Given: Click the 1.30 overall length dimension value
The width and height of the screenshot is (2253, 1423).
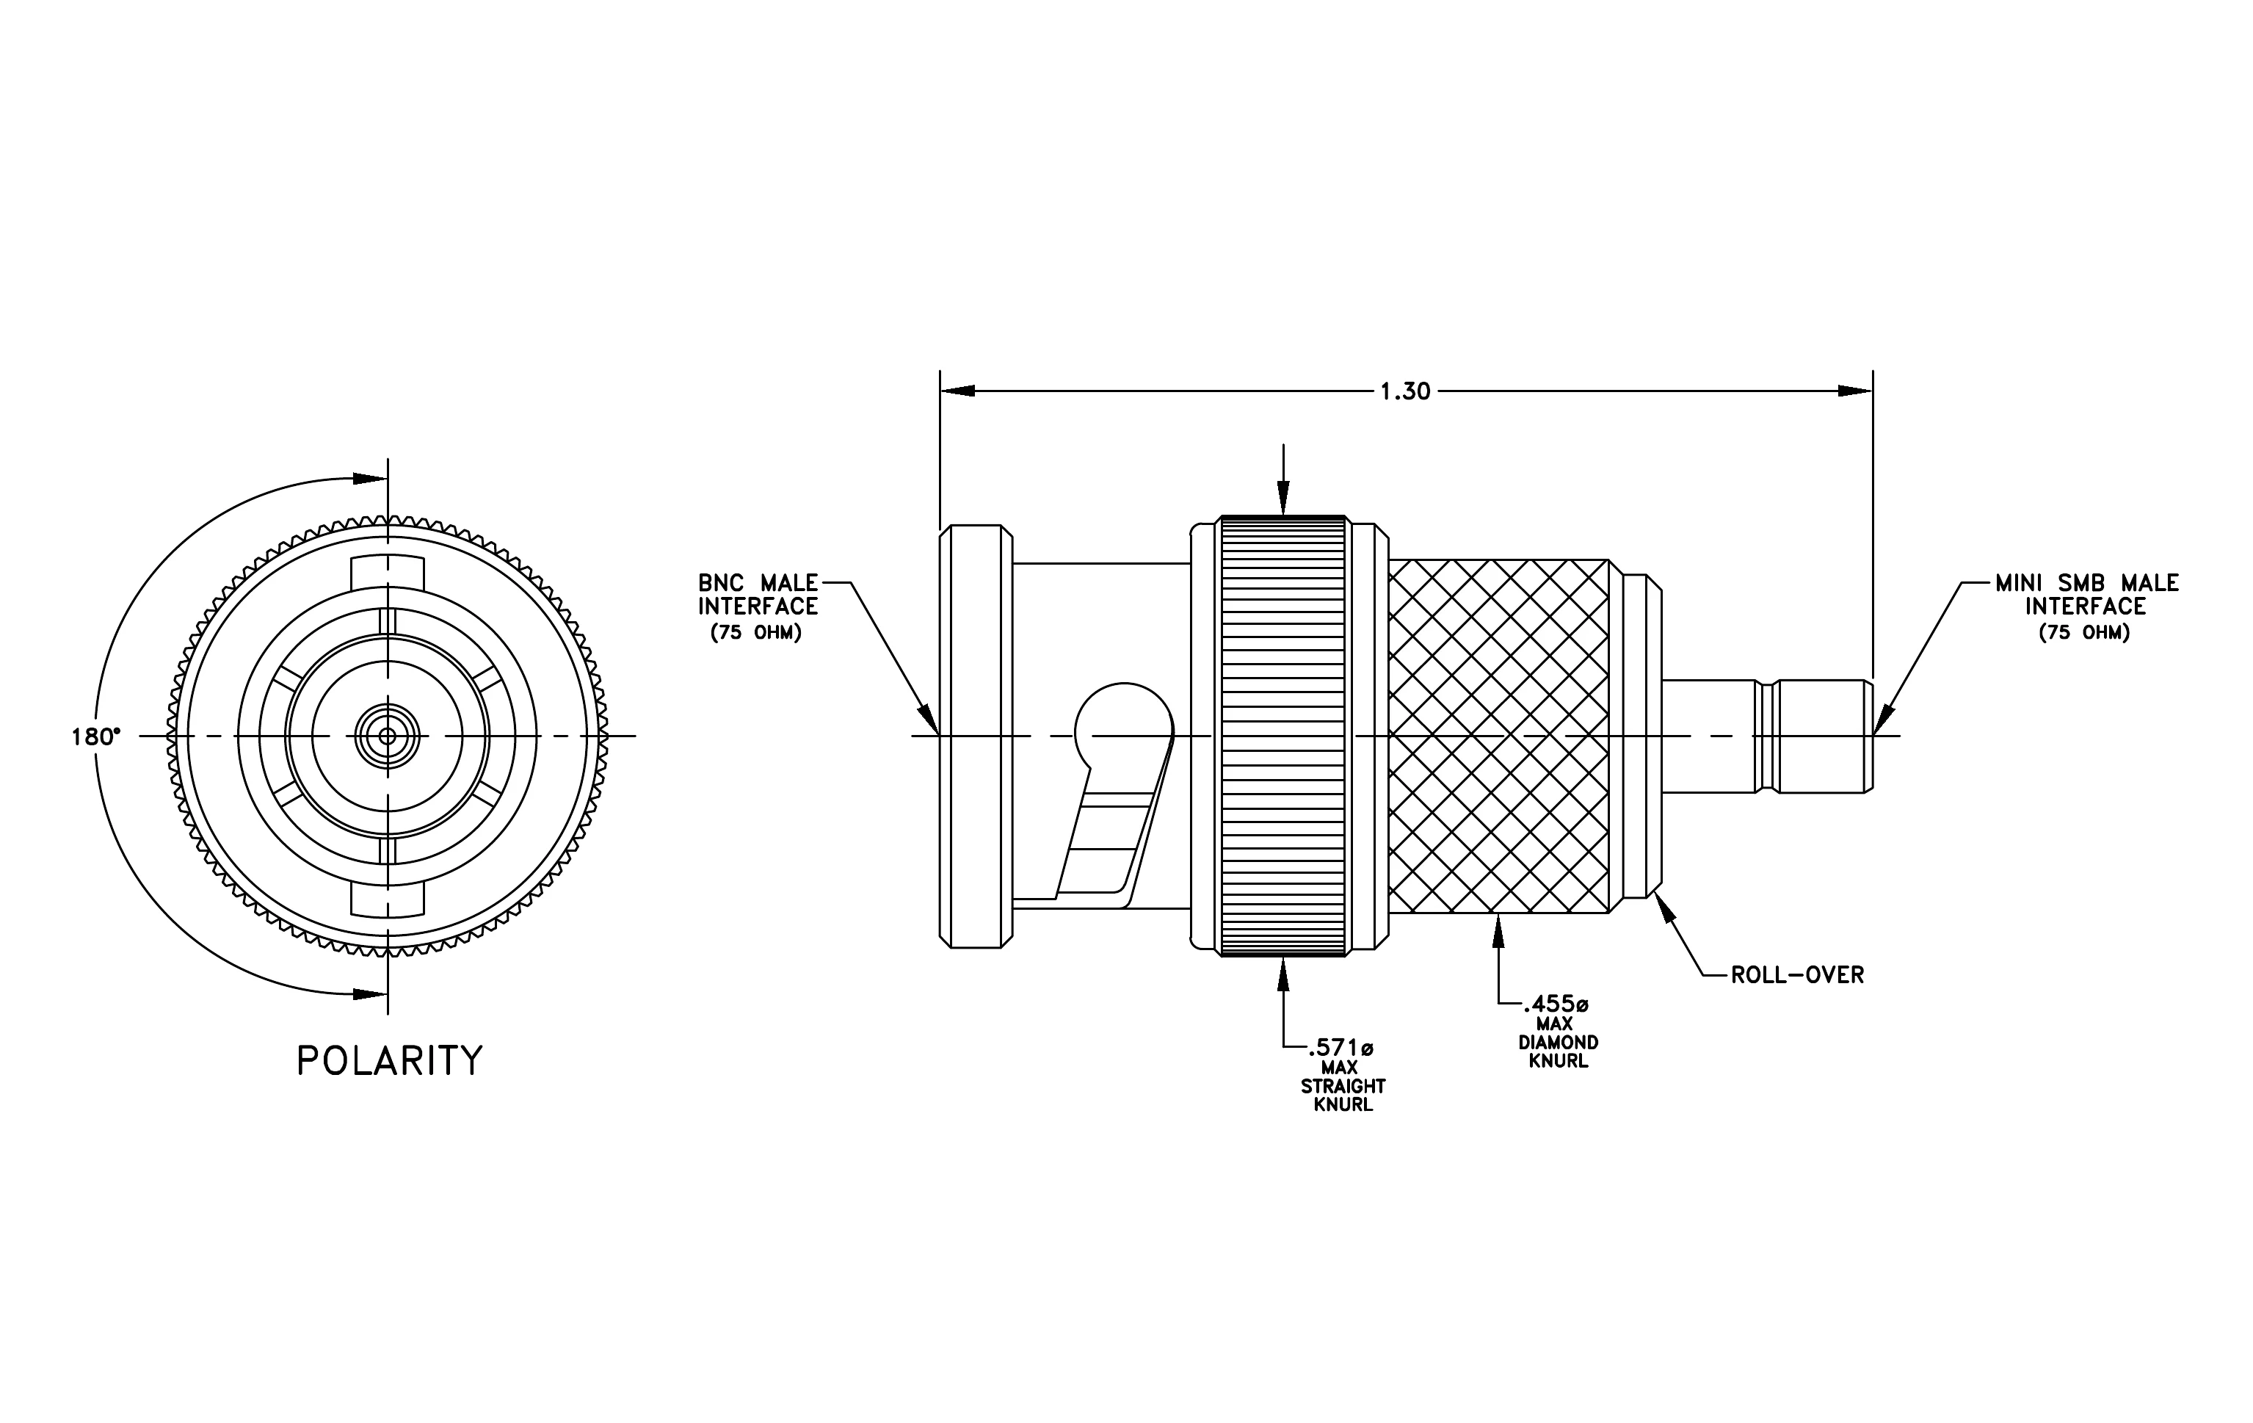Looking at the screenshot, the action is pyautogui.click(x=1405, y=391).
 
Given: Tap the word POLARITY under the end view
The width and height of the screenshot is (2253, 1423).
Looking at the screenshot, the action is pyautogui.click(x=389, y=1061).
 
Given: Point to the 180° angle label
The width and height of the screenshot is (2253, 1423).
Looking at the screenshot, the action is pyautogui.click(x=96, y=737).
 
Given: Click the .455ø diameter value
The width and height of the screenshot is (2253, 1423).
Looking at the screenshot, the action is pyautogui.click(x=1556, y=1004).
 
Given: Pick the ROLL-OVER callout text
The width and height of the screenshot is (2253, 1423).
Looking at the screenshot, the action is pyautogui.click(x=1797, y=975).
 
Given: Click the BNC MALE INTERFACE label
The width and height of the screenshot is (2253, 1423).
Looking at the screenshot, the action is pyautogui.click(x=758, y=595).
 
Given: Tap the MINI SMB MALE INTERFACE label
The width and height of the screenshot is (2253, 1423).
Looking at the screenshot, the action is pyautogui.click(x=2086, y=595).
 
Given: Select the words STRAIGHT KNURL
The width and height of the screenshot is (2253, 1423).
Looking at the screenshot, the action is pyautogui.click(x=1343, y=1096).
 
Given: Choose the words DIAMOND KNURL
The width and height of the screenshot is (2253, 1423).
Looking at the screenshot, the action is pyautogui.click(x=1558, y=1051).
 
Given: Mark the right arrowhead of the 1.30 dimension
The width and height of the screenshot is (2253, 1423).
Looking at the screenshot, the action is pyautogui.click(x=1855, y=391).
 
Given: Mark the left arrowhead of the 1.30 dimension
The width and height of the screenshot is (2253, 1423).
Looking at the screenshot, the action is pyautogui.click(x=957, y=391).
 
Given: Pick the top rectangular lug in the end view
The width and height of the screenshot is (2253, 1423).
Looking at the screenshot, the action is pyautogui.click(x=388, y=573).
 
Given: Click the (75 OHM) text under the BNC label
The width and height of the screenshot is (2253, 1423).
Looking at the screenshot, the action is pyautogui.click(x=756, y=634).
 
